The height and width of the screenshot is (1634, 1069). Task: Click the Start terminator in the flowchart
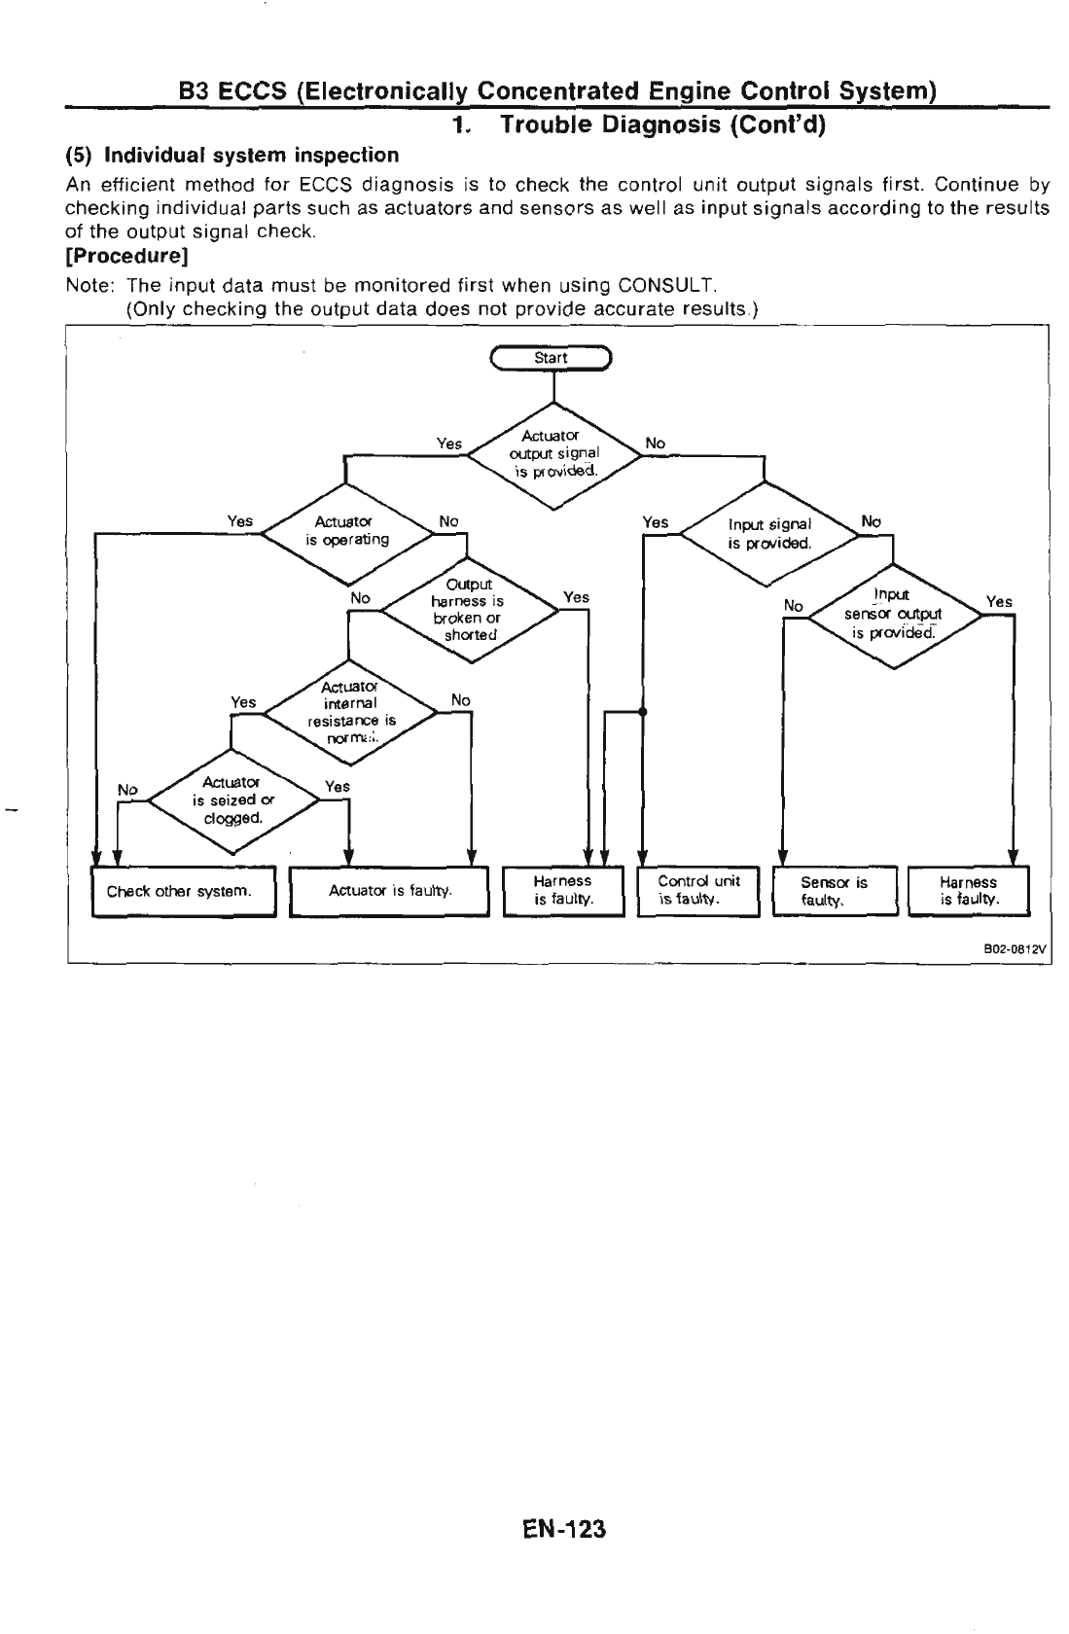(552, 358)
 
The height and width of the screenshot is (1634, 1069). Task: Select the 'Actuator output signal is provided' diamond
(553, 455)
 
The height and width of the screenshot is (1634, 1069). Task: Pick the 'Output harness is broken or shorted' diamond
(471, 610)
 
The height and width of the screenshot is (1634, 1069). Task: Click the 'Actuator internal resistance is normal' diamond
(349, 713)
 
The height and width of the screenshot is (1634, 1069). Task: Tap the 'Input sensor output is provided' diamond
(892, 614)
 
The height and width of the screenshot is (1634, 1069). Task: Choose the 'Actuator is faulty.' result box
(389, 890)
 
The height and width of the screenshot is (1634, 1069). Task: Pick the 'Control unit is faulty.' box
(698, 890)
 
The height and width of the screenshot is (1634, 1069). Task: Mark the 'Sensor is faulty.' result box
(834, 891)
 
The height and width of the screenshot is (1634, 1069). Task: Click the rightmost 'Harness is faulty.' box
(968, 891)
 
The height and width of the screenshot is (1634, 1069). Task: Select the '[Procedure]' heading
(126, 257)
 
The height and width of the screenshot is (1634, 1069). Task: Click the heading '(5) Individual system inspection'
(232, 156)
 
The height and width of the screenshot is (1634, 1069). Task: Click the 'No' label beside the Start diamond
(656, 444)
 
